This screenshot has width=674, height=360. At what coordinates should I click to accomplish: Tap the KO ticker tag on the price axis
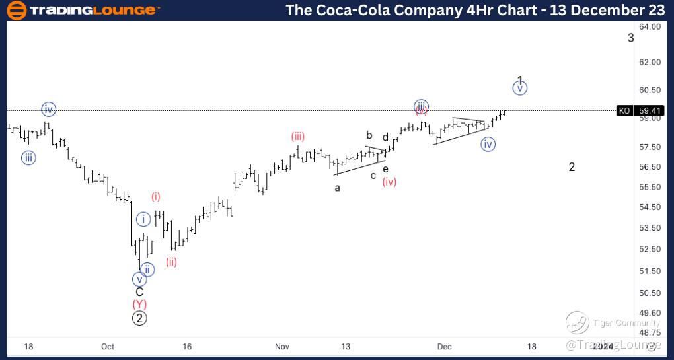tap(624, 110)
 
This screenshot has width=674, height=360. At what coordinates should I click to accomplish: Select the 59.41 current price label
tap(648, 110)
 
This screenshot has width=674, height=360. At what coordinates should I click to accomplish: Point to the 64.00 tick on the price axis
tap(650, 26)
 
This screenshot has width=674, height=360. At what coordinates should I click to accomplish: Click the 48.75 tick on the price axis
tap(650, 334)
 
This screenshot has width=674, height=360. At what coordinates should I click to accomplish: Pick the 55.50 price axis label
tap(650, 187)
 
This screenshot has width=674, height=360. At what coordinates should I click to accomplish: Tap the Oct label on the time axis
tap(108, 346)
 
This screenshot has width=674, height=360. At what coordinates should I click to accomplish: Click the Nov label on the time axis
tap(282, 346)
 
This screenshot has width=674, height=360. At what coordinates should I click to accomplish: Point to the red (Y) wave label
tap(139, 305)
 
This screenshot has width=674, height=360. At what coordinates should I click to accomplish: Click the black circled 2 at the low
tap(139, 318)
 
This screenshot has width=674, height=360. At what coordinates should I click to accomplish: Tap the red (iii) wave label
tap(298, 137)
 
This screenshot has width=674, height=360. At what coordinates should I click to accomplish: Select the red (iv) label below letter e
tap(389, 182)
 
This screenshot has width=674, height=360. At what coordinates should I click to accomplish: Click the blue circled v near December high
tap(520, 88)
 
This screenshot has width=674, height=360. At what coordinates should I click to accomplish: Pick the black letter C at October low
tap(139, 292)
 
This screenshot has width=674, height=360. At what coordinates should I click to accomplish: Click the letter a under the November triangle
tap(337, 188)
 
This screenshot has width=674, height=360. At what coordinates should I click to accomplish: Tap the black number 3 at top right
tap(630, 38)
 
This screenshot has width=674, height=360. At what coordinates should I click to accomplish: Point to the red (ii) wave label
tap(171, 262)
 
